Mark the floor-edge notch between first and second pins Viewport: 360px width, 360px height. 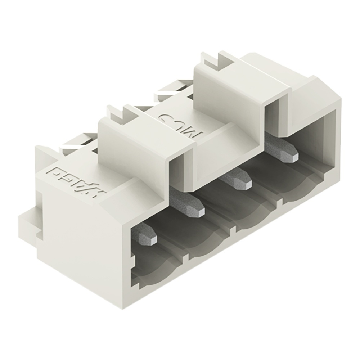point(186,258)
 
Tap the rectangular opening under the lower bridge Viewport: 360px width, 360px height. point(176,173)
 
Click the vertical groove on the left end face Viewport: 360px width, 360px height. point(40,216)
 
